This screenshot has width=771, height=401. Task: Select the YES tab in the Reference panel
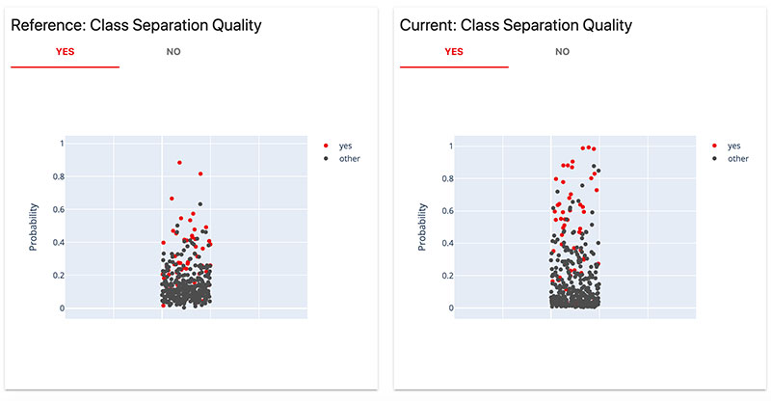click(65, 51)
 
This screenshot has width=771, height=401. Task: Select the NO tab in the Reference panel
click(173, 51)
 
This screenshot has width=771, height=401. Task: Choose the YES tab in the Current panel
click(454, 51)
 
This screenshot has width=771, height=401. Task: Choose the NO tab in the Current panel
click(563, 51)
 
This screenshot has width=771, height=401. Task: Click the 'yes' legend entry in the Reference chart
click(345, 146)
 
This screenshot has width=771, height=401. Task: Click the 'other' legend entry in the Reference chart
click(349, 158)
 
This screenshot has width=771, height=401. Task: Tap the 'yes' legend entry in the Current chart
click(733, 146)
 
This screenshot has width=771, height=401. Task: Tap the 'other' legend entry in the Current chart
click(737, 158)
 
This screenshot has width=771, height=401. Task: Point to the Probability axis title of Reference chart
click(34, 227)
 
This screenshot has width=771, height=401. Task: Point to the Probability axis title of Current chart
click(422, 227)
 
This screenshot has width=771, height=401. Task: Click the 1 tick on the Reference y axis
click(60, 144)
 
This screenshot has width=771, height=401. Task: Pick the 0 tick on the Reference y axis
click(60, 308)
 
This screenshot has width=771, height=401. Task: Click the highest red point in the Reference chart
click(179, 163)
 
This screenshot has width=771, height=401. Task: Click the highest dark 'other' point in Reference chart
click(199, 204)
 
